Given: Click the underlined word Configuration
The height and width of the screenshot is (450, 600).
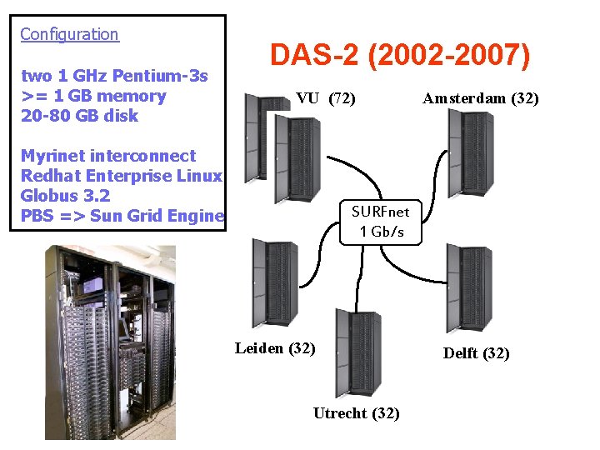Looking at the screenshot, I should tap(69, 34).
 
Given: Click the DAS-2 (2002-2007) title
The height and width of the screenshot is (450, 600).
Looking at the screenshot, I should tap(399, 57).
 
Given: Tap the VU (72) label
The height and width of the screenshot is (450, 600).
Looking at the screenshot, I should tap(326, 99).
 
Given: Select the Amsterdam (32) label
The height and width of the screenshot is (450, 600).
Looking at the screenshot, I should tap(480, 98).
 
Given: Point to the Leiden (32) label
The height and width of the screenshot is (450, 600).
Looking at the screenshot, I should tap(275, 348).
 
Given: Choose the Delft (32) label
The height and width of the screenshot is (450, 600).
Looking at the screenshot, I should tap(476, 353).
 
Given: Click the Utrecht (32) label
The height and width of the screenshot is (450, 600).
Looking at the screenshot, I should tap(356, 413).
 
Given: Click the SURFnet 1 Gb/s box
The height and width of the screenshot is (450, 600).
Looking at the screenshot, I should tap(381, 222).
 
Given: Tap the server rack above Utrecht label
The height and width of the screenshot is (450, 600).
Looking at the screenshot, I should tap(357, 352).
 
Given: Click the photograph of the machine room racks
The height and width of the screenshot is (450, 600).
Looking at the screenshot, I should tap(110, 342).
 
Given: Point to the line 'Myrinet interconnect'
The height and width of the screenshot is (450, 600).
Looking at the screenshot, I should tap(107, 156).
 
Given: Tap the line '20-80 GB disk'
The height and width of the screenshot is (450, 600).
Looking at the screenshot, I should tap(79, 116).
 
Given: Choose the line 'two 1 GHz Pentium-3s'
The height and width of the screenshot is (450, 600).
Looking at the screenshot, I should tap(113, 76).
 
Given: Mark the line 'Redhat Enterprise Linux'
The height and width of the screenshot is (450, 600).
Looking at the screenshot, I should tap(121, 177).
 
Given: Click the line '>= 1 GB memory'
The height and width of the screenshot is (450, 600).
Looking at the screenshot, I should tap(93, 96).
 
